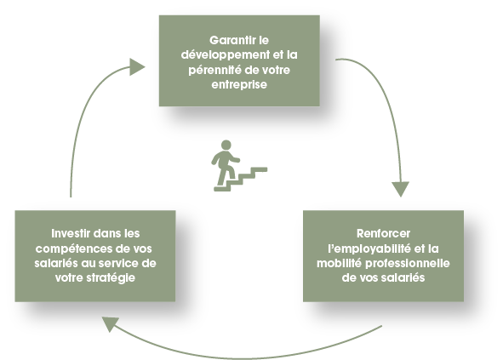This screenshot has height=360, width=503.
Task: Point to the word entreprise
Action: point(239,85)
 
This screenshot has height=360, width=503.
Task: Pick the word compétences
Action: point(73,249)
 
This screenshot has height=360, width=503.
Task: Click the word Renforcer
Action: point(383,233)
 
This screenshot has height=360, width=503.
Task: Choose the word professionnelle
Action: point(408,264)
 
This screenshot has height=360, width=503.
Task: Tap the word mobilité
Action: point(340,263)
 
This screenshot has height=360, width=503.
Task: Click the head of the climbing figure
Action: point(226,145)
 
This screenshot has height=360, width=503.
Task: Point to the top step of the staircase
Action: point(260,169)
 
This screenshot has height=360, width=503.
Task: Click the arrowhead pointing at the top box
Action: point(137,67)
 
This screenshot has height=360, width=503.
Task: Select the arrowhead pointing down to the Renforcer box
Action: point(400,189)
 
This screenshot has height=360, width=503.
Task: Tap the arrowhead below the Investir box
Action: point(110,323)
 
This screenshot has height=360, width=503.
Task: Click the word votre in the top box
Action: point(274,71)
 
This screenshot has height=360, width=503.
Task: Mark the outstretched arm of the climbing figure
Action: point(233,158)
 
